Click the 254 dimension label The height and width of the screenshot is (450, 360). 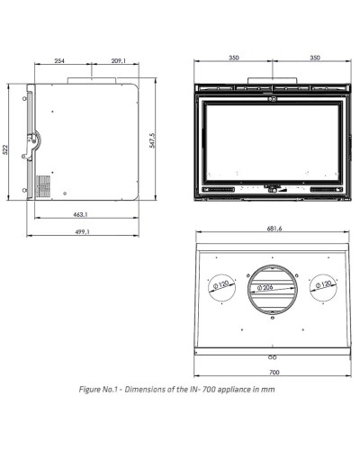tap(59, 61)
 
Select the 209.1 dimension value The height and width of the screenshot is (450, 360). tap(119, 61)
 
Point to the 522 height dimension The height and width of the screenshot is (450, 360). tap(5, 149)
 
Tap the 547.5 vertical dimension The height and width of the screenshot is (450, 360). tap(152, 140)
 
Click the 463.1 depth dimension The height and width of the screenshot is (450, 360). tap(80, 214)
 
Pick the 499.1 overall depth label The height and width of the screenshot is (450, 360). tap(82, 232)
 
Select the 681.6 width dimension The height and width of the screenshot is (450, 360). tap(274, 229)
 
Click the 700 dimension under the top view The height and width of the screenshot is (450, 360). tap(274, 373)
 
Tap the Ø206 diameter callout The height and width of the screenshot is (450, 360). tap(265, 287)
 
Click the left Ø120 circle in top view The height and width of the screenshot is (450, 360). tap(222, 274)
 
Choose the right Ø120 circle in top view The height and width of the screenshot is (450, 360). tap(323, 274)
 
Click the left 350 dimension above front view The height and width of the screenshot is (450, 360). tap(234, 58)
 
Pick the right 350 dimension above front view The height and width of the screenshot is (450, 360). tap(315, 58)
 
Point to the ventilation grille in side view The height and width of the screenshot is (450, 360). tap(43, 186)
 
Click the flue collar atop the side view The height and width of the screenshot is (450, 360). tap(92, 80)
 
